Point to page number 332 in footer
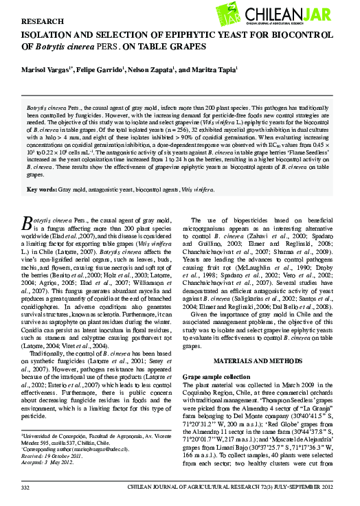tap(27, 487)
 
